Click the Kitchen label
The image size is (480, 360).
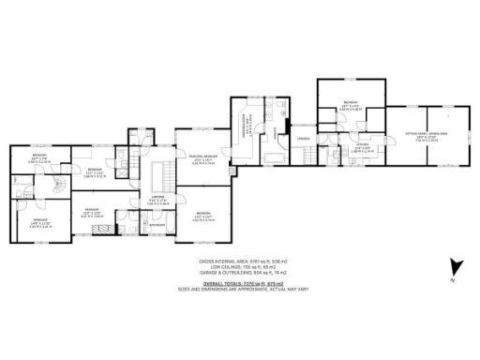tap(361, 147)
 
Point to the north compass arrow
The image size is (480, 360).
tap(455, 267)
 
